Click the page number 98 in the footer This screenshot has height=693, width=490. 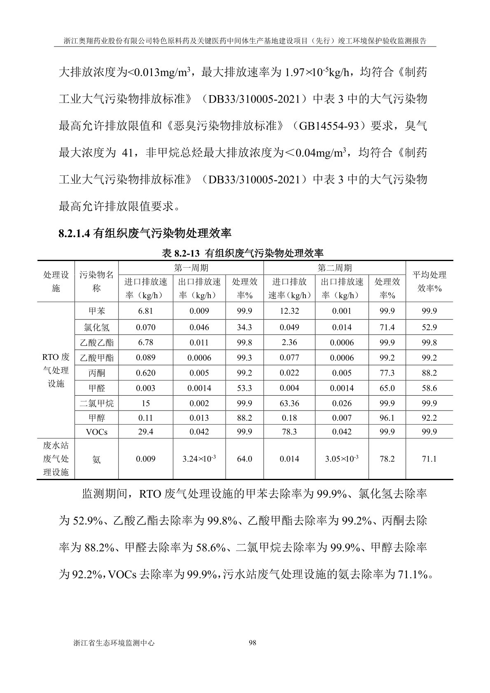click(x=253, y=643)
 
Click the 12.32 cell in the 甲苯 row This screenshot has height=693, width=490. click(x=289, y=311)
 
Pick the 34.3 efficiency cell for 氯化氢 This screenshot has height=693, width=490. click(x=244, y=327)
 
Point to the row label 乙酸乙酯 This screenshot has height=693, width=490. click(x=96, y=343)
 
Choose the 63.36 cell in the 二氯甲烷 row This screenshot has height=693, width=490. click(x=289, y=404)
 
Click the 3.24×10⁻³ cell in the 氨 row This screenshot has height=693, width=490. click(x=199, y=459)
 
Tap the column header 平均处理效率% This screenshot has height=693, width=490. click(x=429, y=282)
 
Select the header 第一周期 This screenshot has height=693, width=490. click(x=191, y=268)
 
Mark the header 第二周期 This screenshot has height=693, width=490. click(x=334, y=268)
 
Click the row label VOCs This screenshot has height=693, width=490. click(x=96, y=432)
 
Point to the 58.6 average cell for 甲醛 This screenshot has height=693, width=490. click(x=429, y=388)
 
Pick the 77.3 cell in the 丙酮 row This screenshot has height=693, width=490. click(x=387, y=373)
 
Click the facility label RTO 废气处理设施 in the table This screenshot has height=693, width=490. click(x=56, y=370)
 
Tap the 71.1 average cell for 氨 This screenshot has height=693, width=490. click(x=429, y=459)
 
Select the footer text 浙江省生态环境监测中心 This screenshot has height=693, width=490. click(x=113, y=643)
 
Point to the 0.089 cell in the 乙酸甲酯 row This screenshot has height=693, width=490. click(x=146, y=358)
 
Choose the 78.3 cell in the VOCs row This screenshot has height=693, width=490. click(x=289, y=432)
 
